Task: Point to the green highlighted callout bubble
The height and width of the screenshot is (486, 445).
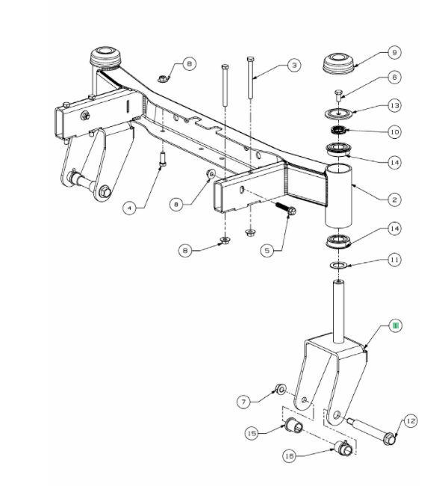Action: tap(396, 325)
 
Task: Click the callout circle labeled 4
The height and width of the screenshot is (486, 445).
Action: tap(130, 209)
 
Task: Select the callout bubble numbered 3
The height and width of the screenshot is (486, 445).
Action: tap(294, 66)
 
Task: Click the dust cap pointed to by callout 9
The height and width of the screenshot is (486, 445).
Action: tap(340, 62)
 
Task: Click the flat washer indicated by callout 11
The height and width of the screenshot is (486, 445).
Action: tap(337, 265)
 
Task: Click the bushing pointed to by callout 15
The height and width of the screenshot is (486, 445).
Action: tap(293, 426)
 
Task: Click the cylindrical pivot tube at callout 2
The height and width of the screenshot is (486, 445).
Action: tap(340, 198)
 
